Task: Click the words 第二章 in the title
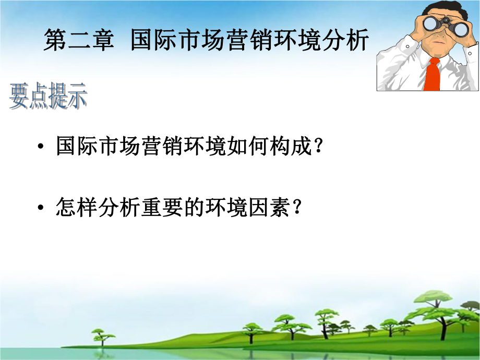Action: pyautogui.click(x=79, y=40)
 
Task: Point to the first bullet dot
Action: pyautogui.click(x=41, y=148)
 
